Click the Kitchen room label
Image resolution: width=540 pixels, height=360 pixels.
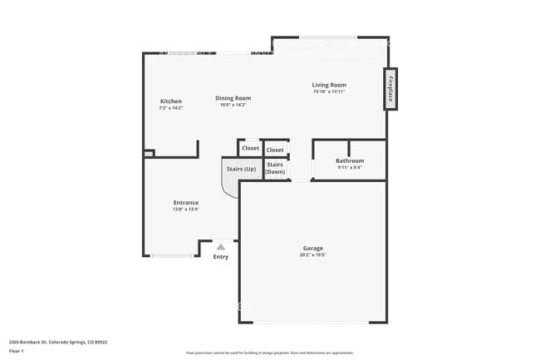170,101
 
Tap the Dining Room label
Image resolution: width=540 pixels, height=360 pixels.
233,97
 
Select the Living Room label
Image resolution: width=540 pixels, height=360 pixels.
329,85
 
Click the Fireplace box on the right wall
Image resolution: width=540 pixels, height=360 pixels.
388,88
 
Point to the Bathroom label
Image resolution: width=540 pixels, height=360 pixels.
349,160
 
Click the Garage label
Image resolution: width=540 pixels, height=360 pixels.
312,248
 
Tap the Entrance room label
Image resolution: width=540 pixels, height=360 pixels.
185,203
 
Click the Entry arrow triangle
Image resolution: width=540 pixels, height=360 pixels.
220,246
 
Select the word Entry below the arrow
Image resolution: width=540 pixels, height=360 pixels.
220,256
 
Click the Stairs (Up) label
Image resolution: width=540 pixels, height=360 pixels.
241,169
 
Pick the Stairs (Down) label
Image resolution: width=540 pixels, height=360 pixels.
275,168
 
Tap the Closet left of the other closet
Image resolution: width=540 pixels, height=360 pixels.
250,148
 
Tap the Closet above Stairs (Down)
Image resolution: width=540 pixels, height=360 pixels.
275,150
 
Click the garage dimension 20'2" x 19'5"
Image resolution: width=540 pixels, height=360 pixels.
312,255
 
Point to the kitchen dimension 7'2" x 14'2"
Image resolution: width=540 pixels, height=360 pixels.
170,108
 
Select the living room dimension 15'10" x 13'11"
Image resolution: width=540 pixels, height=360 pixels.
329,91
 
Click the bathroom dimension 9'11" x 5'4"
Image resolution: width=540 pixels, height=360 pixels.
349,167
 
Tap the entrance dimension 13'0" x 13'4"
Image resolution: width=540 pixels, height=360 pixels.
185,210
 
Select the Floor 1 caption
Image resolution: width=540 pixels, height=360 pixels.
17,353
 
